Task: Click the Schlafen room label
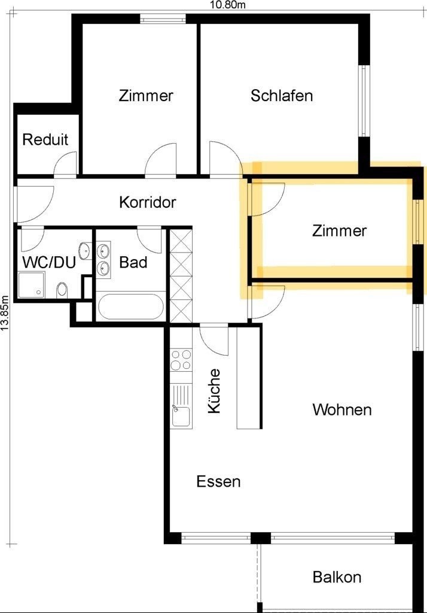pyautogui.click(x=282, y=96)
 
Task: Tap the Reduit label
pyautogui.click(x=45, y=139)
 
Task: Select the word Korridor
pyautogui.click(x=148, y=202)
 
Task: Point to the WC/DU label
pyautogui.click(x=49, y=262)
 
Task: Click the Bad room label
pyautogui.click(x=133, y=262)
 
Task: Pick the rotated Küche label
pyautogui.click(x=214, y=391)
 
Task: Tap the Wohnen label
pyautogui.click(x=342, y=409)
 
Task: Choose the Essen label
pyautogui.click(x=218, y=481)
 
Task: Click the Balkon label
pyautogui.click(x=337, y=577)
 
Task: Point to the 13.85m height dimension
pyautogui.click(x=5, y=312)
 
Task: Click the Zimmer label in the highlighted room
pyautogui.click(x=340, y=230)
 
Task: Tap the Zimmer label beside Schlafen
pyautogui.click(x=146, y=96)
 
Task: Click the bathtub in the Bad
pyautogui.click(x=131, y=307)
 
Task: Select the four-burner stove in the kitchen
pyautogui.click(x=181, y=360)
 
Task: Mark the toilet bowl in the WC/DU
pyautogui.click(x=62, y=290)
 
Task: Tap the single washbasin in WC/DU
pyautogui.click(x=84, y=250)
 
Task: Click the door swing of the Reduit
pyautogui.click(x=65, y=163)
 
